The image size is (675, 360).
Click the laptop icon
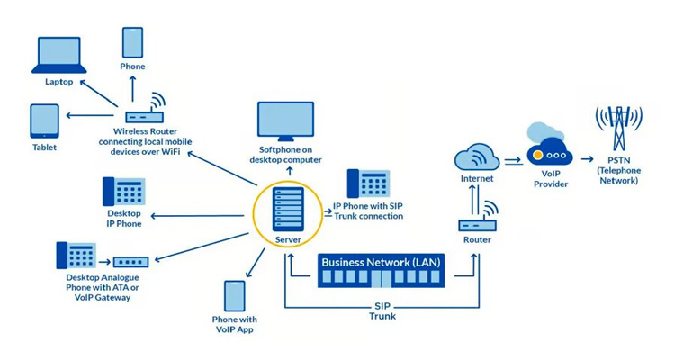tap(59, 55)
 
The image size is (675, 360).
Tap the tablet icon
tap(44, 121)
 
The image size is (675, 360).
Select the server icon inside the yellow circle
tap(288, 209)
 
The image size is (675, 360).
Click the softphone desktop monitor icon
tap(285, 121)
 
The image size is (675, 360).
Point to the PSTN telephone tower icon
tap(618, 128)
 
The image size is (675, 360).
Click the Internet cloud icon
tap(477, 157)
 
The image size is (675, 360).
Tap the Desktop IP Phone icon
tap(124, 192)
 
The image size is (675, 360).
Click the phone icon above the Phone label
tap(132, 43)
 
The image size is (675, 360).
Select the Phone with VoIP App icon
tap(235, 296)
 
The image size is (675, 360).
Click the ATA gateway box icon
tap(130, 262)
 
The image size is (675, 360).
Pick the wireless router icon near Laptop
tap(145, 110)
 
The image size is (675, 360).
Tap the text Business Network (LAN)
tap(381, 262)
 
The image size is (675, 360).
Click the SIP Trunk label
tap(382, 310)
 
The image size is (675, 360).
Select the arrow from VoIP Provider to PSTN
tap(587, 159)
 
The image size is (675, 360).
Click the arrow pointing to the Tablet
tap(89, 115)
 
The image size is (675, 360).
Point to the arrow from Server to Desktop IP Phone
tap(197, 216)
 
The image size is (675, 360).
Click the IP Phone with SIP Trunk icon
tap(369, 184)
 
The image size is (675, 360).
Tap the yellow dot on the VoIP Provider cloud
tap(536, 155)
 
